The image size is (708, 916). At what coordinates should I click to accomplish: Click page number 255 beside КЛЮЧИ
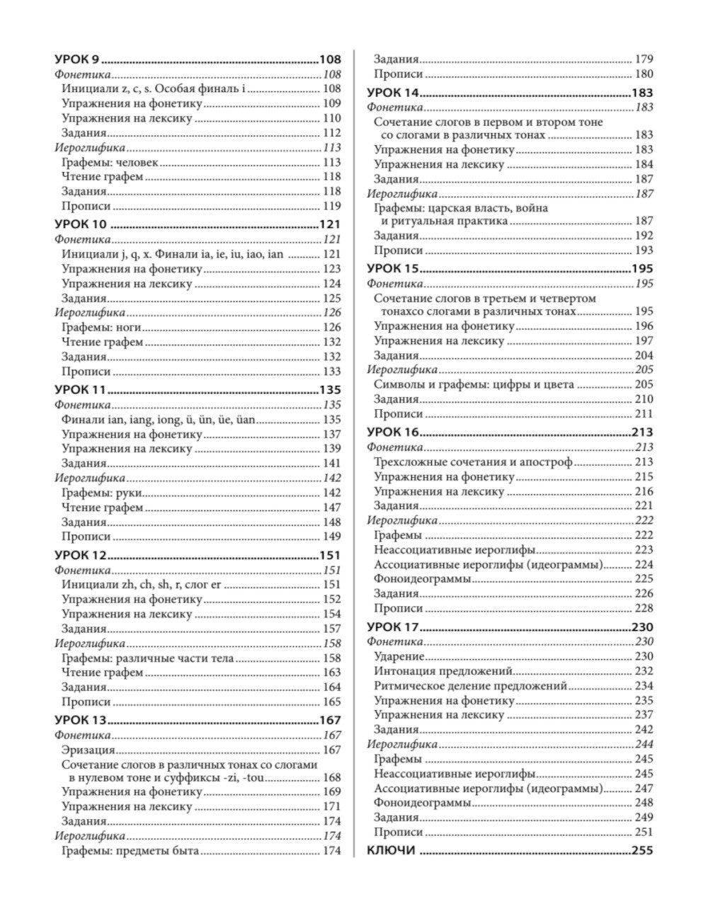641,851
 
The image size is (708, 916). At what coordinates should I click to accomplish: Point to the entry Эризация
88,750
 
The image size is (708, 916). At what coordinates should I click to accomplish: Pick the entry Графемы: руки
102,493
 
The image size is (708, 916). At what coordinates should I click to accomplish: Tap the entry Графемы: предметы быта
130,852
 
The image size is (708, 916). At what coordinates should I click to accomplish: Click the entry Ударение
399,656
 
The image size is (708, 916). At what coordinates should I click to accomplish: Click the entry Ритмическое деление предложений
470,685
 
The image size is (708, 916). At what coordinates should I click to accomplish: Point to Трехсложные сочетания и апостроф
473,462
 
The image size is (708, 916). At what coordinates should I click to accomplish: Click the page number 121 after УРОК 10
329,224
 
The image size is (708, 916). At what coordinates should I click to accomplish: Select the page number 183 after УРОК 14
641,93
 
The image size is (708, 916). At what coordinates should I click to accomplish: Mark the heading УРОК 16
393,433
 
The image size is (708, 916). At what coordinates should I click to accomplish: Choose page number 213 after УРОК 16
641,433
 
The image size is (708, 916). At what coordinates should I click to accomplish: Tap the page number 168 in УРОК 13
331,777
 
